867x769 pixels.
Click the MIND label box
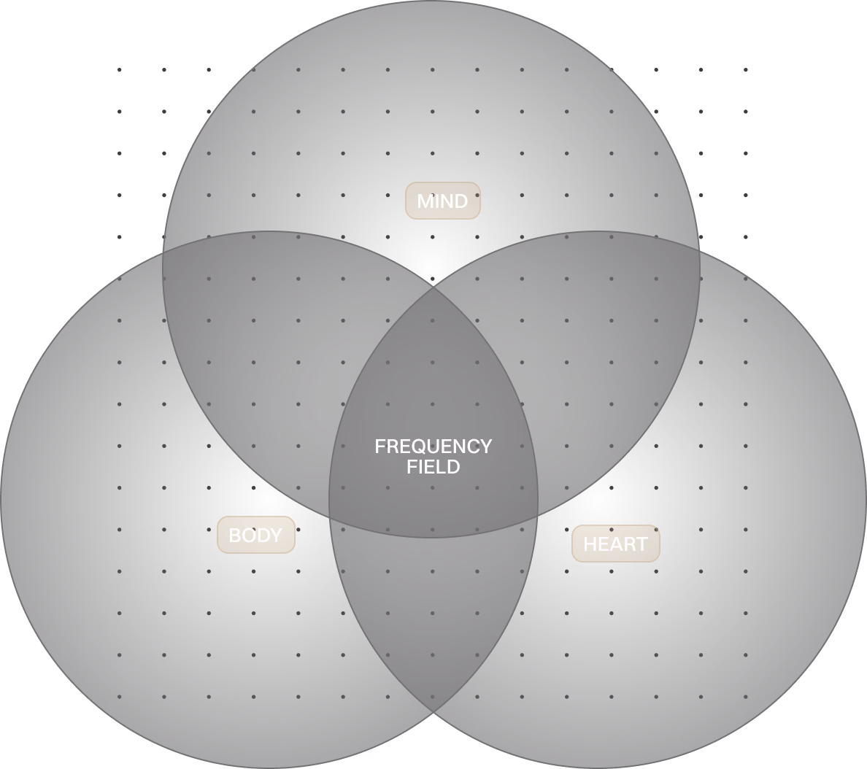click(442, 201)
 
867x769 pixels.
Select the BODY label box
click(255, 535)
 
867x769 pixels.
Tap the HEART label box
click(615, 544)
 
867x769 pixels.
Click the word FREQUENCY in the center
click(433, 446)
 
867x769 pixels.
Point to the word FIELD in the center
click(433, 467)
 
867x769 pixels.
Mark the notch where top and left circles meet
click(163, 252)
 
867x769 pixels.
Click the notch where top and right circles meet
click(701, 251)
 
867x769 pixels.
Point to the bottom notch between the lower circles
click(433, 716)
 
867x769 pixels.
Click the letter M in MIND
click(425, 201)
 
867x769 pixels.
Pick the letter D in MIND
click(461, 201)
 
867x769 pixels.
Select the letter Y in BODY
click(276, 536)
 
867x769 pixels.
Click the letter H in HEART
click(590, 544)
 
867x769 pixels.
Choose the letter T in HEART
click(641, 544)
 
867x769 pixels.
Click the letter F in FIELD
click(412, 467)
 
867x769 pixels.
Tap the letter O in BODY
click(248, 536)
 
